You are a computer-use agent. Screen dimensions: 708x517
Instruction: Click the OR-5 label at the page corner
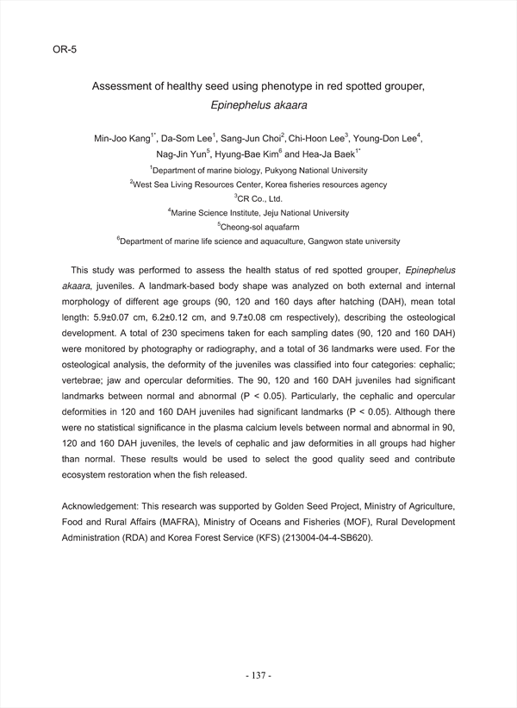pos(65,50)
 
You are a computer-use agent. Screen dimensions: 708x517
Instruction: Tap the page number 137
pos(258,675)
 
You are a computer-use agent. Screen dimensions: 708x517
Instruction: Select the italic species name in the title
pos(258,106)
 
